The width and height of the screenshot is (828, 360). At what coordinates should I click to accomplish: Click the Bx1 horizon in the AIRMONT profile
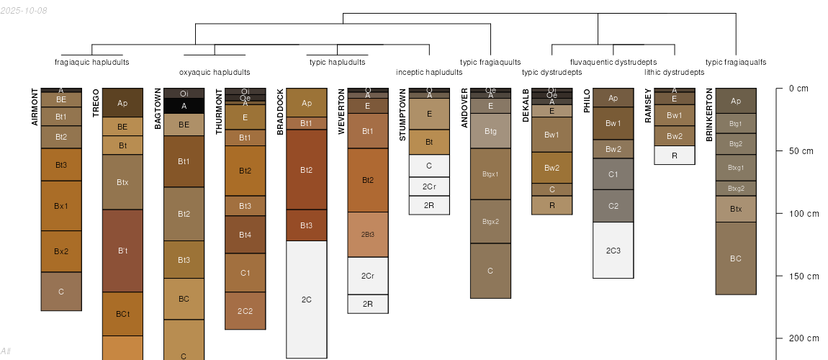click(61, 206)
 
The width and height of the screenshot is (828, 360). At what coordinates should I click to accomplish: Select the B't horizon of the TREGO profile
click(122, 251)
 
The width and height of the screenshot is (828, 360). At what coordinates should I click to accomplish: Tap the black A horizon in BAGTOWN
click(184, 106)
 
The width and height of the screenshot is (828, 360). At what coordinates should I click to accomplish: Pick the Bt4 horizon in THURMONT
click(245, 235)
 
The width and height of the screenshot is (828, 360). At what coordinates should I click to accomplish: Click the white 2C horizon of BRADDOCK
click(306, 299)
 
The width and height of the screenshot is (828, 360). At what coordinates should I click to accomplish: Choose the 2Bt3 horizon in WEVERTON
click(367, 235)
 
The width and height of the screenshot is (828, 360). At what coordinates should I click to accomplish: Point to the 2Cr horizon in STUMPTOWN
click(429, 186)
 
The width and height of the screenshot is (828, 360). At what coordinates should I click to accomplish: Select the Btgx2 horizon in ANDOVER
click(490, 221)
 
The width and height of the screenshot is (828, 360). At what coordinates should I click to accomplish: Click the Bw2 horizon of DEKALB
click(552, 168)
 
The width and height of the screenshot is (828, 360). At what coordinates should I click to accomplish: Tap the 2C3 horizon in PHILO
click(613, 250)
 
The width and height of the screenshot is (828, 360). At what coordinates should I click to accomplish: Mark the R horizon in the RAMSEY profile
click(674, 156)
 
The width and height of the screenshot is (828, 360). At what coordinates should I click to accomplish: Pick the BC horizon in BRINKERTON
click(735, 258)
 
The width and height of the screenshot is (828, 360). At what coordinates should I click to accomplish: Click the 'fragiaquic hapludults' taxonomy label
click(92, 62)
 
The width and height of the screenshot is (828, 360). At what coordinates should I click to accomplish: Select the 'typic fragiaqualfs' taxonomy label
click(736, 62)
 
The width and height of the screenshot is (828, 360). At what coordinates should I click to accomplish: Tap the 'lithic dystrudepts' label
click(674, 72)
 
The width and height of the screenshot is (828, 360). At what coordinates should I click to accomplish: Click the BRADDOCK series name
click(280, 112)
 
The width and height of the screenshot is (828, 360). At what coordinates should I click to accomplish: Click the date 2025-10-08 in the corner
click(24, 10)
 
